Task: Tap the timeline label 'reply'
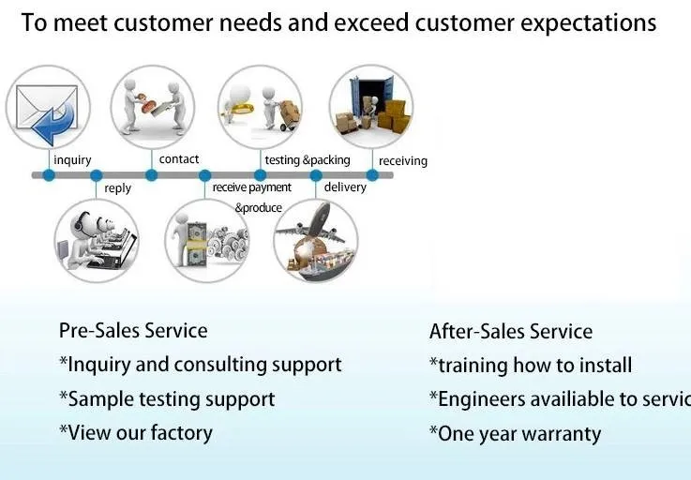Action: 118,188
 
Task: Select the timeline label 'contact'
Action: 179,159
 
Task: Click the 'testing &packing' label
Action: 308,160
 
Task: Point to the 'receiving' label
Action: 403,161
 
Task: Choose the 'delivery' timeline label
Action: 345,187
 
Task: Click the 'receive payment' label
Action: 252,187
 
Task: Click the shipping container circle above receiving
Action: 371,104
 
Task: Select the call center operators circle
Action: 96,241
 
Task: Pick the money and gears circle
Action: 207,241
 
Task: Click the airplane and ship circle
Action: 315,241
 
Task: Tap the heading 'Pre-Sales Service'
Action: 133,330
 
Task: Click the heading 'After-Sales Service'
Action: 511,332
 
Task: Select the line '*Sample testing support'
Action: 167,399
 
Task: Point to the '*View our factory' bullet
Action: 136,433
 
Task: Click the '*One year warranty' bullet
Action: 515,434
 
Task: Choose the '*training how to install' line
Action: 531,366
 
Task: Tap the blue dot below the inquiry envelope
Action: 49,175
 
